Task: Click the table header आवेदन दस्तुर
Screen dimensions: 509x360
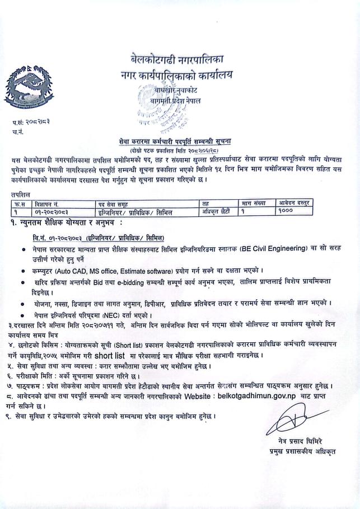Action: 295,202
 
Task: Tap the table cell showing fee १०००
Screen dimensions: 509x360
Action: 286,211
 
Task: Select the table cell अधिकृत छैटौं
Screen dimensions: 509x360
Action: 216,211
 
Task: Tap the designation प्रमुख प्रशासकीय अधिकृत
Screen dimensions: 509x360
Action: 301,451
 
